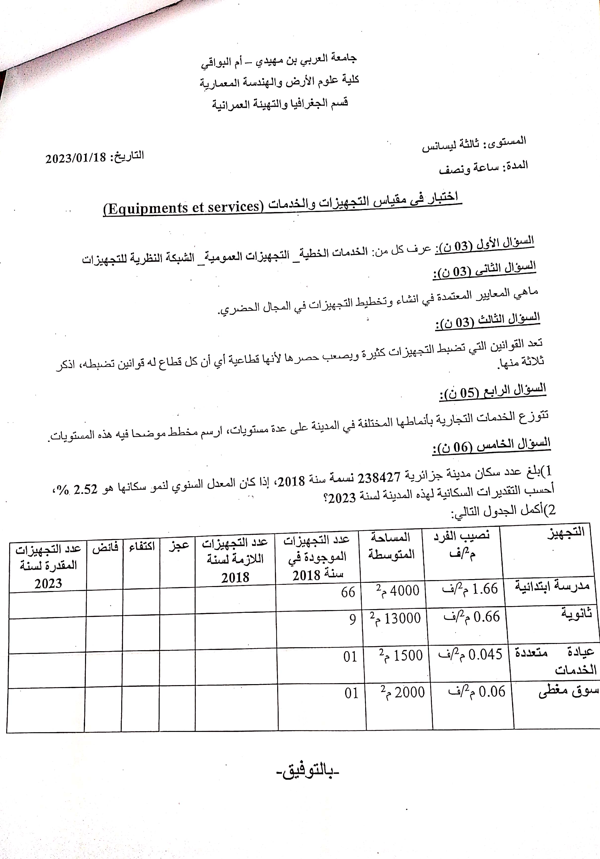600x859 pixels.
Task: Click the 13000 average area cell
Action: [x=395, y=618]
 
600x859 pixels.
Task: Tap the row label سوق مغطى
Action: [x=568, y=691]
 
